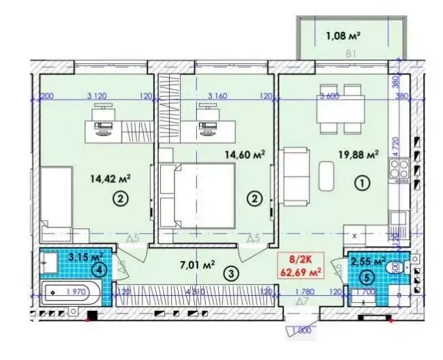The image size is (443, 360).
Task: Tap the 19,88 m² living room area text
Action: coord(358,155)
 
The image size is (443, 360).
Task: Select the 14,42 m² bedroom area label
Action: coord(110,179)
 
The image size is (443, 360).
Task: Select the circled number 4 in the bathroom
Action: coord(100,269)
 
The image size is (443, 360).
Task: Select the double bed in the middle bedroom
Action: coord(198,197)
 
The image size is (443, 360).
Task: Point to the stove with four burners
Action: coord(399,168)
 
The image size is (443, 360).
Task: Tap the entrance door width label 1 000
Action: coord(301,331)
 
